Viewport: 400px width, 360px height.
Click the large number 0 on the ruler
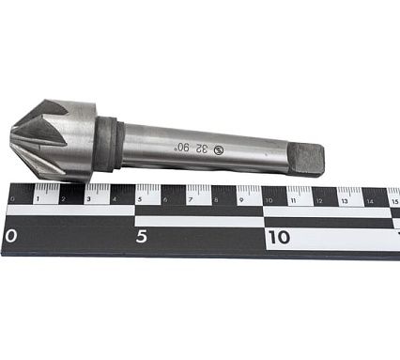click(x=10, y=236)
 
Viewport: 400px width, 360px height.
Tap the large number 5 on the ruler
click(x=142, y=236)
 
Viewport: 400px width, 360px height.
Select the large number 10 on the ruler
click(x=279, y=236)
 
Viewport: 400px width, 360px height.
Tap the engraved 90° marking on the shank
click(x=182, y=147)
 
